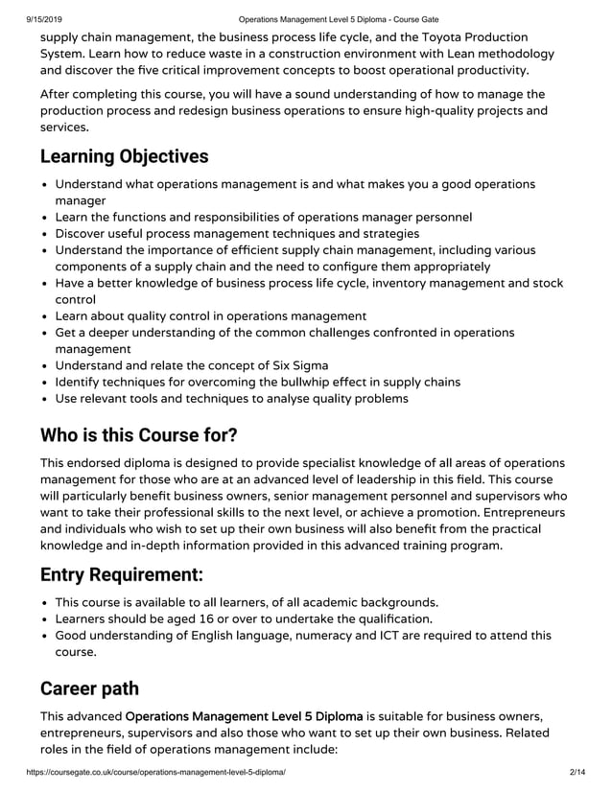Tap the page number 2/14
(577, 772)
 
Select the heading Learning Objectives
(124, 156)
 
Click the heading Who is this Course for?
(138, 434)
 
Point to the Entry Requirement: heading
(121, 575)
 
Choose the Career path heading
(89, 688)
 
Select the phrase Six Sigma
(293, 364)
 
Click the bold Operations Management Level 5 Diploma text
(244, 715)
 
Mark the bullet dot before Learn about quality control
(45, 315)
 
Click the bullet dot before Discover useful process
(45, 233)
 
